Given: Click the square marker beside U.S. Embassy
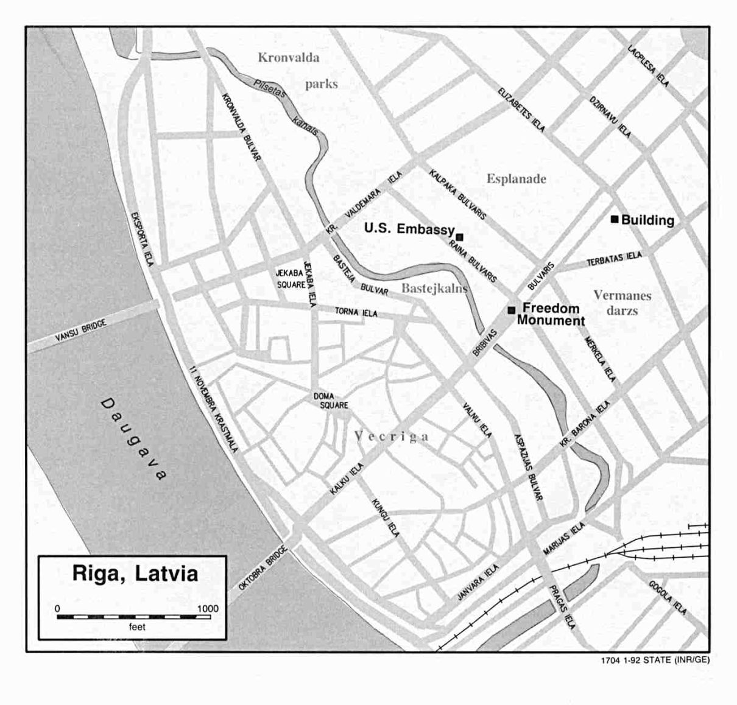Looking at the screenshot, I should pyautogui.click(x=460, y=237).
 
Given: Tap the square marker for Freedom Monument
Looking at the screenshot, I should pyautogui.click(x=511, y=310).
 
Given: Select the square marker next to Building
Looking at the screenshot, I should pyautogui.click(x=615, y=219).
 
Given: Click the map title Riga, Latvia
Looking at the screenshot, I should pyautogui.click(x=135, y=573).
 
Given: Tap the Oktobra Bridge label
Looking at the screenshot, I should pyautogui.click(x=256, y=567).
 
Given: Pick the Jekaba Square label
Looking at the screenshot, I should pyautogui.click(x=291, y=279).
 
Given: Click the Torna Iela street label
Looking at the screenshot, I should pyautogui.click(x=356, y=312).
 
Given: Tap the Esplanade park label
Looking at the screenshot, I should pyautogui.click(x=516, y=179).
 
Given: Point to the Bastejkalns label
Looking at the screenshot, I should pyautogui.click(x=434, y=288).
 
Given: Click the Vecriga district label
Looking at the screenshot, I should pyautogui.click(x=392, y=437).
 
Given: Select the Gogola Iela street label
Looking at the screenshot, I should pyautogui.click(x=668, y=597).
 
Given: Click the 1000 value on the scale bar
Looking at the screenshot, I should pyautogui.click(x=208, y=608).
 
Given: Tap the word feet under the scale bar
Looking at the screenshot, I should pyautogui.click(x=137, y=626).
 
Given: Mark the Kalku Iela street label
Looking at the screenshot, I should pyautogui.click(x=347, y=478).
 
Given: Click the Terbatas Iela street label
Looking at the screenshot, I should pyautogui.click(x=614, y=259).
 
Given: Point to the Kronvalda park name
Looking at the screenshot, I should pyautogui.click(x=289, y=58).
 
